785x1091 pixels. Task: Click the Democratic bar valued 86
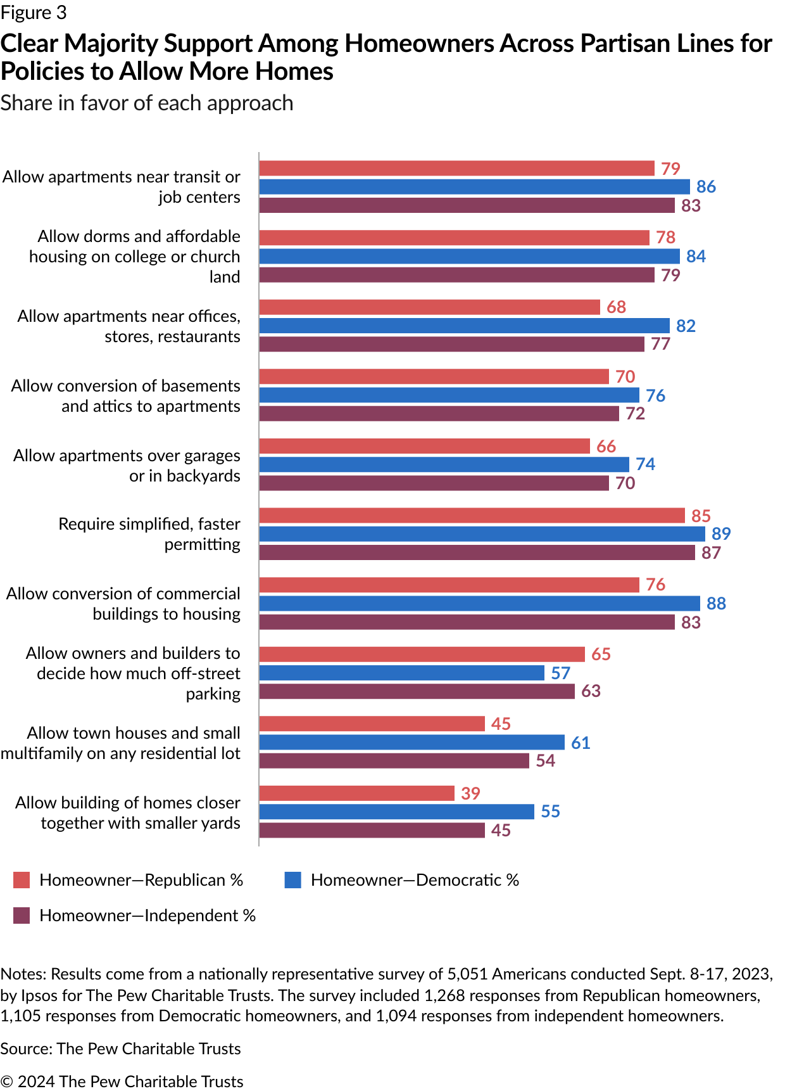tap(475, 187)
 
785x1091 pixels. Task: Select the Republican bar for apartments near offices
tap(430, 307)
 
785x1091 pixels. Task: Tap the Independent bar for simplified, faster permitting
tap(477, 552)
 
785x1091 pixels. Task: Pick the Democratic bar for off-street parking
tap(402, 673)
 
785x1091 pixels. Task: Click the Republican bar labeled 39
tap(357, 793)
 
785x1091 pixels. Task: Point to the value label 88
tap(716, 603)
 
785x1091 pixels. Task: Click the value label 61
tap(581, 743)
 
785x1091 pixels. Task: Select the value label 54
tap(545, 760)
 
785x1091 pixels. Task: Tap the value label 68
tap(616, 307)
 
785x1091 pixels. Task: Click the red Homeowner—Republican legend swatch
tap(22, 880)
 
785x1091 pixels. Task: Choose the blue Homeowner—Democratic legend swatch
tap(292, 880)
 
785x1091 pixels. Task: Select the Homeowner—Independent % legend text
tap(148, 916)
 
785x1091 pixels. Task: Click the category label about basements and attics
tap(126, 396)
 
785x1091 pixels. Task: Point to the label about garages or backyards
tap(127, 466)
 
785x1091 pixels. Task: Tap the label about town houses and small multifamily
tap(121, 743)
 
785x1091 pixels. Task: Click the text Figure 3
tap(34, 13)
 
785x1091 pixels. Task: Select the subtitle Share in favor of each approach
tap(147, 103)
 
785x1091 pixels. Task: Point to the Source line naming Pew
tap(120, 1049)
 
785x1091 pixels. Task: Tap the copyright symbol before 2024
tap(7, 1081)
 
